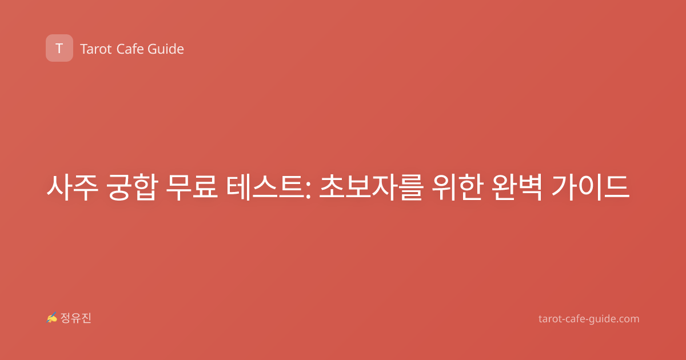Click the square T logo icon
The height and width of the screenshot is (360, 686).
(59, 48)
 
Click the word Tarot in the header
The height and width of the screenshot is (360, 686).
(96, 49)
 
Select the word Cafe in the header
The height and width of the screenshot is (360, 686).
(130, 49)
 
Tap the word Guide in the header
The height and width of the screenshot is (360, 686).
(166, 49)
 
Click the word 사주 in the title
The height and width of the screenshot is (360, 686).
(72, 187)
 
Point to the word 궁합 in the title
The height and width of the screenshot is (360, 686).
(132, 187)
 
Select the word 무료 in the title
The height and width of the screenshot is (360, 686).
(192, 187)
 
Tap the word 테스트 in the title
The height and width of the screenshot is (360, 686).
(265, 187)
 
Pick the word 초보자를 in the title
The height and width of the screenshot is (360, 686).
(371, 187)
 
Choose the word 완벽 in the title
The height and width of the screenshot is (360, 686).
(517, 187)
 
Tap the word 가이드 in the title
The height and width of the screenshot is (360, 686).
(590, 187)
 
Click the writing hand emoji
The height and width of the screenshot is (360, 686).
(52, 318)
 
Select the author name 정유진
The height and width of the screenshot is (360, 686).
(75, 318)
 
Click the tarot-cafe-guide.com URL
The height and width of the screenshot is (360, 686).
(589, 319)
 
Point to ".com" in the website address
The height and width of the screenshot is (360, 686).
(628, 319)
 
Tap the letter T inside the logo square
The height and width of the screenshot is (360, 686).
(59, 49)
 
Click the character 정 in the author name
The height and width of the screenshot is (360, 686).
(65, 318)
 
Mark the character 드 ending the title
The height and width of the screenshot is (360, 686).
(617, 187)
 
